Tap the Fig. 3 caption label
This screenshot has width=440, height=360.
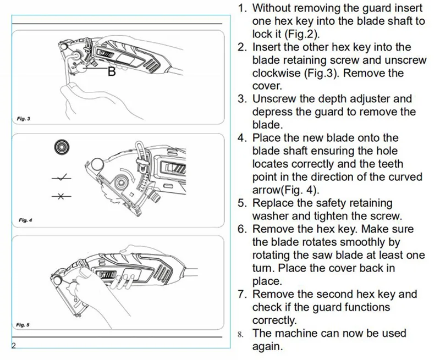(24, 119)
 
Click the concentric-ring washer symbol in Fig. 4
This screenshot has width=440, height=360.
(61, 147)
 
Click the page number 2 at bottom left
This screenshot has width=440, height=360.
(14, 345)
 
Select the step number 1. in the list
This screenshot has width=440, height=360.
(242, 9)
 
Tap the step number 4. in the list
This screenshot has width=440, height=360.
(242, 138)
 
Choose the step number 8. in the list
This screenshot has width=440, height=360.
(241, 334)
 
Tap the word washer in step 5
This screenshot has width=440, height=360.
(271, 216)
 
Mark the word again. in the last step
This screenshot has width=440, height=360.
(267, 346)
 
